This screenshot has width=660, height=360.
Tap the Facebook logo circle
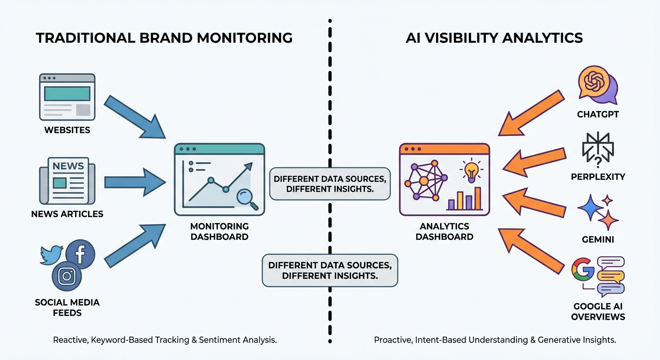(x=80, y=254)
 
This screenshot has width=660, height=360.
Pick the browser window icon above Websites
(x=67, y=97)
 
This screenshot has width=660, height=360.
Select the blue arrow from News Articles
(x=134, y=182)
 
